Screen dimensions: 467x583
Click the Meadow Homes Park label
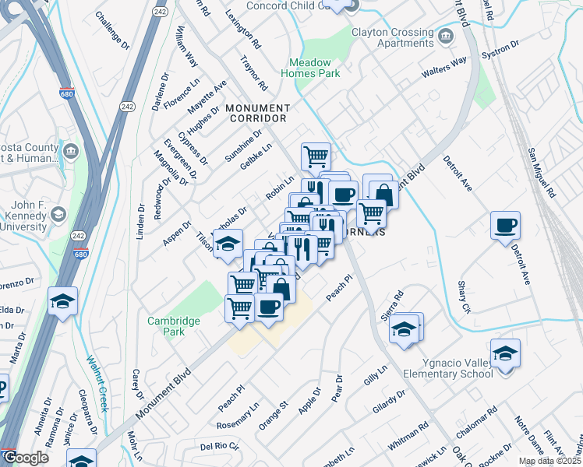315,68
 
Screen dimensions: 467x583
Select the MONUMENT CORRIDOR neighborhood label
257,113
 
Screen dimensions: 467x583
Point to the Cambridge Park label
174,325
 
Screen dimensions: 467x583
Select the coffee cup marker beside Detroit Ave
505,226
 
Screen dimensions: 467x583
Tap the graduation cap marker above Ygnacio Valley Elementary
505,354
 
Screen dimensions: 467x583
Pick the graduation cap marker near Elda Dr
62,300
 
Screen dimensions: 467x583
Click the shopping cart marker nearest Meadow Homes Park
316,156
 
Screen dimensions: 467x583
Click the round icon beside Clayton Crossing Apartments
446,35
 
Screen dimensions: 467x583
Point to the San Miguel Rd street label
541,171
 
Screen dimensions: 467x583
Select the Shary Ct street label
465,297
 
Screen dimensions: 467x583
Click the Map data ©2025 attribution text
548,462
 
